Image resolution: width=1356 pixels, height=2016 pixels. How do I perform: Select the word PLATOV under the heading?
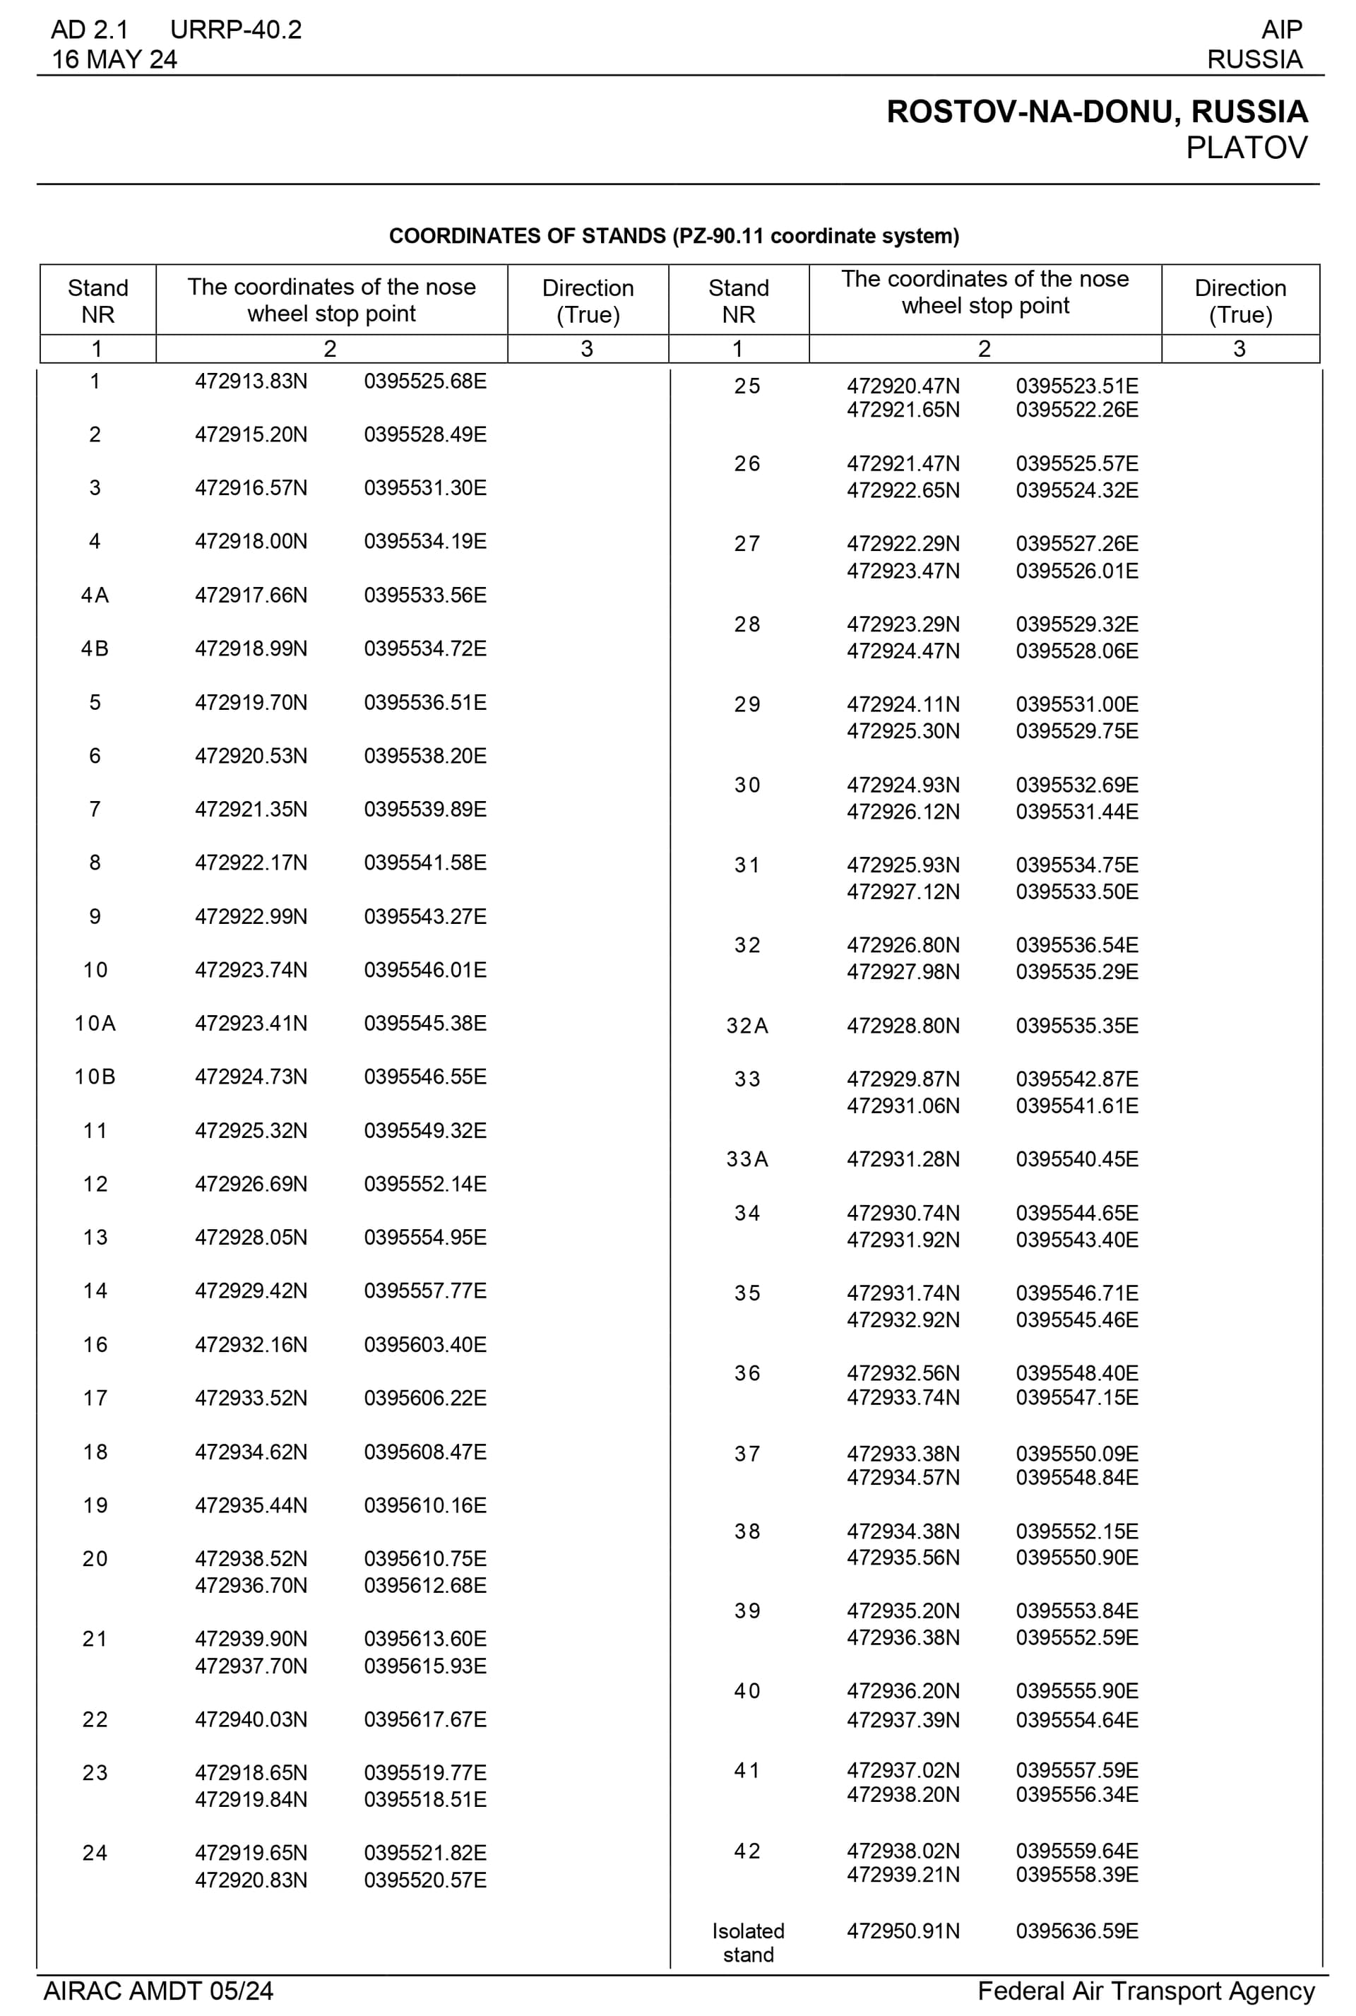(1245, 148)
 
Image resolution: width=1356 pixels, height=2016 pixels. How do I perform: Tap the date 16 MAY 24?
(114, 59)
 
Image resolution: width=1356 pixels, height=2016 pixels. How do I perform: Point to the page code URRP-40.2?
(235, 30)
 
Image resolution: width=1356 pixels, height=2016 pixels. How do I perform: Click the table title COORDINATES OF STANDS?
(674, 236)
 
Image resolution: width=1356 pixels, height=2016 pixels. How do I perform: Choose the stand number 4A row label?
(95, 595)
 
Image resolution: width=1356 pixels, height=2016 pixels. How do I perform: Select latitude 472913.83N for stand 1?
(251, 381)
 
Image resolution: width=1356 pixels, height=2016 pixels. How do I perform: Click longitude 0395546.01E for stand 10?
(424, 970)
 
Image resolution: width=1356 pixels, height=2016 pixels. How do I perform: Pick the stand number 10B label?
(95, 1077)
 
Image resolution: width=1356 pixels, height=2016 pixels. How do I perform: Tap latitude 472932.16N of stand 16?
(251, 1345)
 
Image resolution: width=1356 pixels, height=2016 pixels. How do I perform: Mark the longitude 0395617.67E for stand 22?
(424, 1719)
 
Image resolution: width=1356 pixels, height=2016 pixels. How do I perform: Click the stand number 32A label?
(747, 1026)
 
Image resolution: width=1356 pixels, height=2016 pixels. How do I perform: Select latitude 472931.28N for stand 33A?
(903, 1159)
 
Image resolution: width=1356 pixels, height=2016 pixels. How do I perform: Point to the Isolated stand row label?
(748, 1943)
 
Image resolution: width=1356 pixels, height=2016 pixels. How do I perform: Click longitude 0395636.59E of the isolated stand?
(1076, 1931)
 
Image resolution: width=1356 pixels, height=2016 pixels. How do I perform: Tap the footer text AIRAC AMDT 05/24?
(158, 1991)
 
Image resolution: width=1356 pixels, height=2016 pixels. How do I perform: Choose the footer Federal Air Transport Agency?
(1146, 1991)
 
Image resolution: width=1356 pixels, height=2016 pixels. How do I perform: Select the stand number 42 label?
(747, 1851)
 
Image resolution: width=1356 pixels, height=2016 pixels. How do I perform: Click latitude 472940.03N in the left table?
(251, 1719)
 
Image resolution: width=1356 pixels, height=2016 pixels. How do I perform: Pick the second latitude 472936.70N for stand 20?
(251, 1585)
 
